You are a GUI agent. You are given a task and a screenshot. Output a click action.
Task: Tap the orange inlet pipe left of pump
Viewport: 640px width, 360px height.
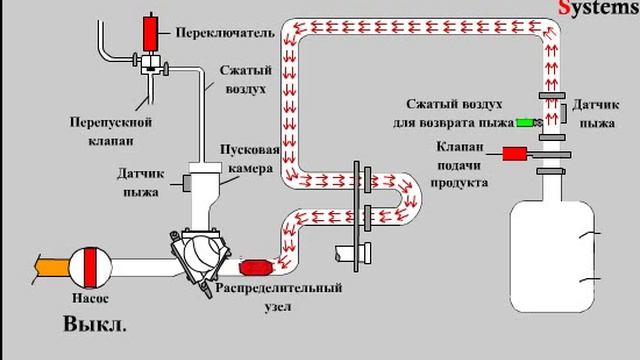click(49, 268)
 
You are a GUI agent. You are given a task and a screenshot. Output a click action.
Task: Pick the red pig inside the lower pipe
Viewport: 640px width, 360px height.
click(258, 268)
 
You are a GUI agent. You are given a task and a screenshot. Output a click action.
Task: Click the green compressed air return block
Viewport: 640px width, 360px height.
click(524, 124)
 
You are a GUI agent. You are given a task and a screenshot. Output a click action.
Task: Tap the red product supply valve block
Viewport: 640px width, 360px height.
click(515, 154)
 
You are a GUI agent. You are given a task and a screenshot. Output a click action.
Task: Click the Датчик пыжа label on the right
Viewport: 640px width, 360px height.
click(598, 112)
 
